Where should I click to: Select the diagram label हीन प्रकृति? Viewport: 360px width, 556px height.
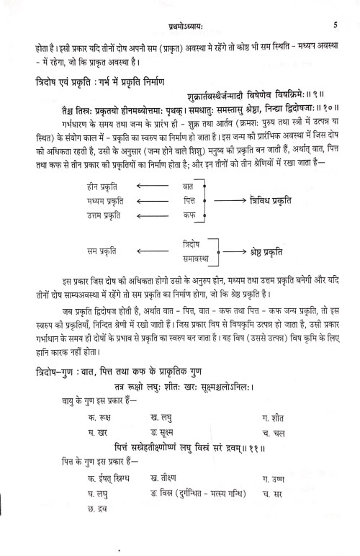click(104, 185)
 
